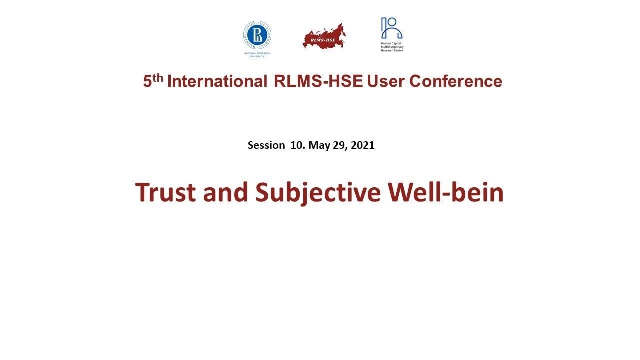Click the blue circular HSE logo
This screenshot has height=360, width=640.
257,35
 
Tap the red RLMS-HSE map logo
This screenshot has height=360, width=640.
324,37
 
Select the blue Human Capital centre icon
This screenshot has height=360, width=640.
391,28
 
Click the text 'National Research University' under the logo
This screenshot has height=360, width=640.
257,54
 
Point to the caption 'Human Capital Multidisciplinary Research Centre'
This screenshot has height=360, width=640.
392,47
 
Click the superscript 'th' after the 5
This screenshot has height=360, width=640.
158,78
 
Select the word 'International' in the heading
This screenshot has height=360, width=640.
217,81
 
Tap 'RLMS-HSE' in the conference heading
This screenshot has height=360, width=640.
318,81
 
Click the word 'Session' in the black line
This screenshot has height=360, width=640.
266,145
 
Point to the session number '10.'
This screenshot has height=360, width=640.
297,145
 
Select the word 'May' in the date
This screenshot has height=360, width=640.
318,145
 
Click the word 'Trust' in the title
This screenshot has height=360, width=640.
166,192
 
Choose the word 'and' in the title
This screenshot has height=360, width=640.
225,192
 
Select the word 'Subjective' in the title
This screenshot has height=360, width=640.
318,192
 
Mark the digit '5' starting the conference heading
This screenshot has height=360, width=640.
147,82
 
